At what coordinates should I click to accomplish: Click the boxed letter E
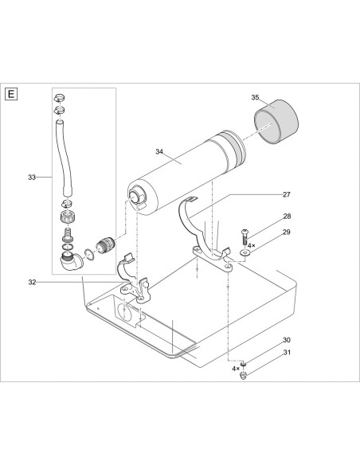11,95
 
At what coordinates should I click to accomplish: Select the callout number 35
256,97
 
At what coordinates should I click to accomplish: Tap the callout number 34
160,150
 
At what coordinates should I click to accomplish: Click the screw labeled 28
245,236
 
